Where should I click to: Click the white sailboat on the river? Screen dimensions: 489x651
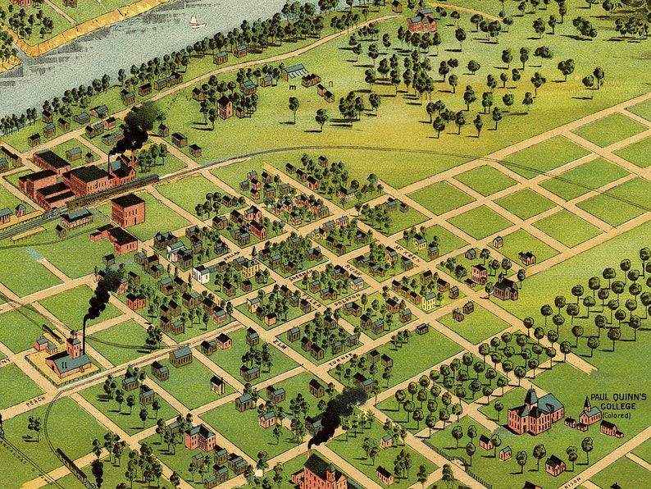pos(195,22)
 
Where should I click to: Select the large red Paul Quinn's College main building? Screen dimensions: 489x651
pos(535,412)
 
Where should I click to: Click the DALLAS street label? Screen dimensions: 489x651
pos(232,257)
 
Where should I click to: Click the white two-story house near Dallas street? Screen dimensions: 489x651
pos(202,274)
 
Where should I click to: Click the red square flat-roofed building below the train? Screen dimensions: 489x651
pos(128,211)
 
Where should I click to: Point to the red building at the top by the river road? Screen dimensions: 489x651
pos(422,22)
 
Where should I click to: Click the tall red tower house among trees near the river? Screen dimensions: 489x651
pos(225,107)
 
